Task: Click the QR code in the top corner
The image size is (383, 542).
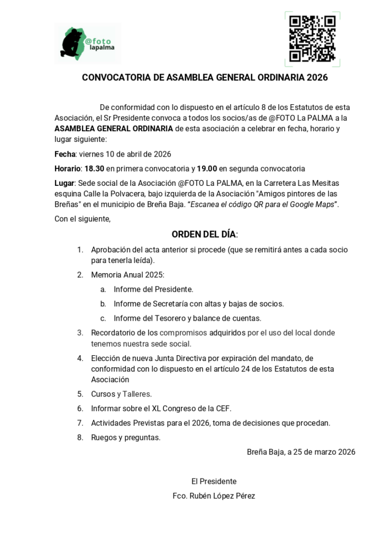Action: click(x=312, y=39)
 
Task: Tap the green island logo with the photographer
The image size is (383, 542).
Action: click(x=74, y=42)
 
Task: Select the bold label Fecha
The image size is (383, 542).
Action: click(x=65, y=155)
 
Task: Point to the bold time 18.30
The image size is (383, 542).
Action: click(x=94, y=169)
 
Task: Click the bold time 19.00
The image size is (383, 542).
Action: click(x=207, y=169)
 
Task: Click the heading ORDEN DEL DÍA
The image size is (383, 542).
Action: click(x=204, y=234)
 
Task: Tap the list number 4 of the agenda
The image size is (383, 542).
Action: click(x=80, y=358)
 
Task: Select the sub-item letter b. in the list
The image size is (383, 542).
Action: click(x=103, y=304)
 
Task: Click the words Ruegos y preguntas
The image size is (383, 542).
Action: click(x=126, y=438)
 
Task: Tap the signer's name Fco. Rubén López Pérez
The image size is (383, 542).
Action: click(x=214, y=496)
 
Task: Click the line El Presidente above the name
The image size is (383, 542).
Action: click(x=214, y=482)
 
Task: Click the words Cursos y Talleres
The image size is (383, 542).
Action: click(x=121, y=394)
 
